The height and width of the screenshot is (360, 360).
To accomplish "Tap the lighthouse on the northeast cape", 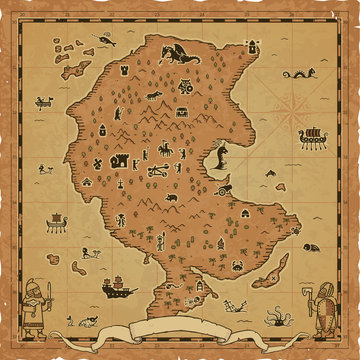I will pyautogui.click(x=253, y=46).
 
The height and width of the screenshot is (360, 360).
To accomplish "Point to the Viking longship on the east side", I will pyautogui.click(x=311, y=136).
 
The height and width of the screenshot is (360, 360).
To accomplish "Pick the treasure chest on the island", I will pyautogui.click(x=181, y=113).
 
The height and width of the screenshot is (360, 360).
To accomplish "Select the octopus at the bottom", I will pyautogui.click(x=274, y=318).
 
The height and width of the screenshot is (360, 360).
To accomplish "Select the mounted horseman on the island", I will pyautogui.click(x=160, y=151).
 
